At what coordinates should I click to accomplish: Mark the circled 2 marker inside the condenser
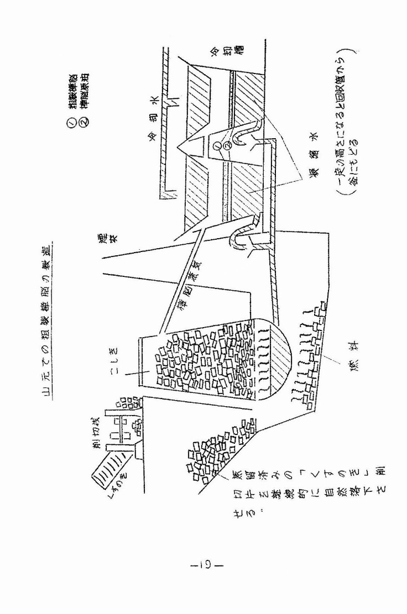(x=226, y=147)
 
